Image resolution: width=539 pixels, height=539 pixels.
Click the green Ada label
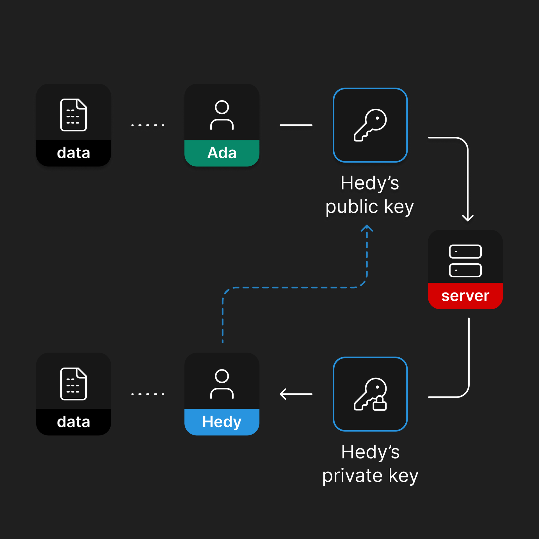click(x=222, y=153)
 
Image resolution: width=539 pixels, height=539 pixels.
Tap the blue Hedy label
click(x=222, y=422)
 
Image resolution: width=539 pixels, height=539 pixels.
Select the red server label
click(x=465, y=296)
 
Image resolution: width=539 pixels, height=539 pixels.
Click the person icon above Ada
click(x=222, y=115)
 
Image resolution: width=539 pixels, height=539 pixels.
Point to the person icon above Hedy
click(x=222, y=384)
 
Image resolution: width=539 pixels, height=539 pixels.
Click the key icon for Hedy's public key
click(x=370, y=125)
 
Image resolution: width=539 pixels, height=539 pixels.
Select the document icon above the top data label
click(x=74, y=115)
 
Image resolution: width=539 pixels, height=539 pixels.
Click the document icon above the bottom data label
click(x=74, y=384)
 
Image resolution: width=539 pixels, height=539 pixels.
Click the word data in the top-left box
click(x=74, y=153)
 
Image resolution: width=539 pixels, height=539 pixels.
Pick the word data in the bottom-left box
click(x=74, y=422)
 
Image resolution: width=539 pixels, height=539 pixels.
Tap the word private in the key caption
click(x=352, y=476)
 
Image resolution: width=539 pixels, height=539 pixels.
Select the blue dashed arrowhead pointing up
click(x=367, y=228)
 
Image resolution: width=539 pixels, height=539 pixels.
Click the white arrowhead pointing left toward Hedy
click(x=283, y=394)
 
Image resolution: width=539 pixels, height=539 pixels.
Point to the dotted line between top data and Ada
click(x=148, y=125)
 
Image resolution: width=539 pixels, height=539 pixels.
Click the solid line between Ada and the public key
click(x=296, y=125)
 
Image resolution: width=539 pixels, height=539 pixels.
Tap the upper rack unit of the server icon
click(x=465, y=252)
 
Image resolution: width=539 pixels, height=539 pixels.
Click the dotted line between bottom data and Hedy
click(x=148, y=394)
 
